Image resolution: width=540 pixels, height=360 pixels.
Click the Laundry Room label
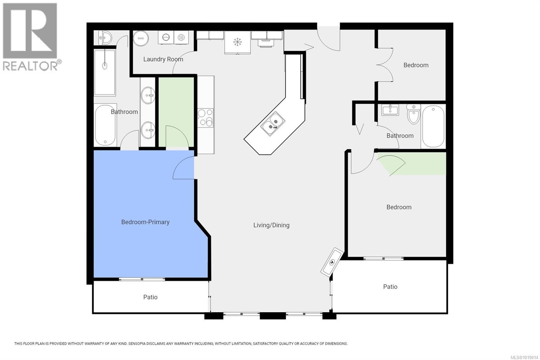pos(163,59)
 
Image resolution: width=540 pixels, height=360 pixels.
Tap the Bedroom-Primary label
pos(145,222)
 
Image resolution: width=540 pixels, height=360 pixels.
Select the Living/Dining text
pos(271,225)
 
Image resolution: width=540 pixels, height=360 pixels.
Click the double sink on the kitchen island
pos(273,123)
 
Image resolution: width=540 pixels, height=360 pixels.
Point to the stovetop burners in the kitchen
pos(205,118)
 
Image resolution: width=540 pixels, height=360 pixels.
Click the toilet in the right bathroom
pos(413,114)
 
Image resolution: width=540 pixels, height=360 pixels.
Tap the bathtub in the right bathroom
pos(433,126)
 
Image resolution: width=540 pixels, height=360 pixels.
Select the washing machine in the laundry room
pos(166,37)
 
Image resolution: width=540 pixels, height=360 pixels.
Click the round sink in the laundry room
pos(141,38)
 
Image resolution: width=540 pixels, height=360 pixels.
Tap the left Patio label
pos(150,297)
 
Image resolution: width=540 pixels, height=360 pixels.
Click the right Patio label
pos(390,286)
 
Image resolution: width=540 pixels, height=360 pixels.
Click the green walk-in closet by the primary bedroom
pos(176,108)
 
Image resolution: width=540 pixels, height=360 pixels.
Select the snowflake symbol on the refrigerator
pos(238,42)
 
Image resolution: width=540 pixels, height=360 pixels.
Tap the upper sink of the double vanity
pos(148,95)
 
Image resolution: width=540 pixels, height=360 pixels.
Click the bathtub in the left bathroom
pos(105,125)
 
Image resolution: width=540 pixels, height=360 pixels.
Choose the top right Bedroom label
pos(416,65)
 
